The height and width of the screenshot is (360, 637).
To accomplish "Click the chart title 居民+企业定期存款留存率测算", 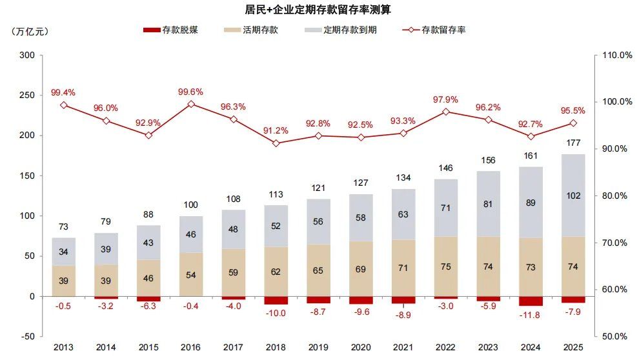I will coord(318,10).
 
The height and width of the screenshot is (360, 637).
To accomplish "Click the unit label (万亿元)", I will coord(30,30).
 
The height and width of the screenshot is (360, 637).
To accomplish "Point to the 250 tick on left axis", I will coord(26,95).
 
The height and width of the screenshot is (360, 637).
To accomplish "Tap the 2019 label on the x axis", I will coord(318,348).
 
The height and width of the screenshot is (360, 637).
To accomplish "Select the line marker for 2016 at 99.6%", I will coord(191,104).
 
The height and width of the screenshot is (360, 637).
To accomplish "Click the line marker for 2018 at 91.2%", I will coord(276,143).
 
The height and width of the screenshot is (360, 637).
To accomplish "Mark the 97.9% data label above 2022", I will coord(445,99).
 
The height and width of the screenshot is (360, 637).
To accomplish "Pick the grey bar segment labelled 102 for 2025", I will coord(573,195).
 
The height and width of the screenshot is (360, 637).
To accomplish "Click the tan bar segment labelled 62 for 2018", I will coord(276,272).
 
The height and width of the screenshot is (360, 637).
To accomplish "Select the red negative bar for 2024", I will coord(531,301).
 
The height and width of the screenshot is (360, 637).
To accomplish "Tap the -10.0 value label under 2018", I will coord(276,314).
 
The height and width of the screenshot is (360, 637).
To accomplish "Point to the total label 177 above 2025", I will coord(573,143).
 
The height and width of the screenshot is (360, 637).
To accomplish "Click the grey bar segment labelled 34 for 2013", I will coord(64,252).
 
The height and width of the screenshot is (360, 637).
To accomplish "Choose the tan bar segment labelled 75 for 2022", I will coord(445,266).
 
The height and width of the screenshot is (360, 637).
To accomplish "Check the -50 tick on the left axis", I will coord(26,337).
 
